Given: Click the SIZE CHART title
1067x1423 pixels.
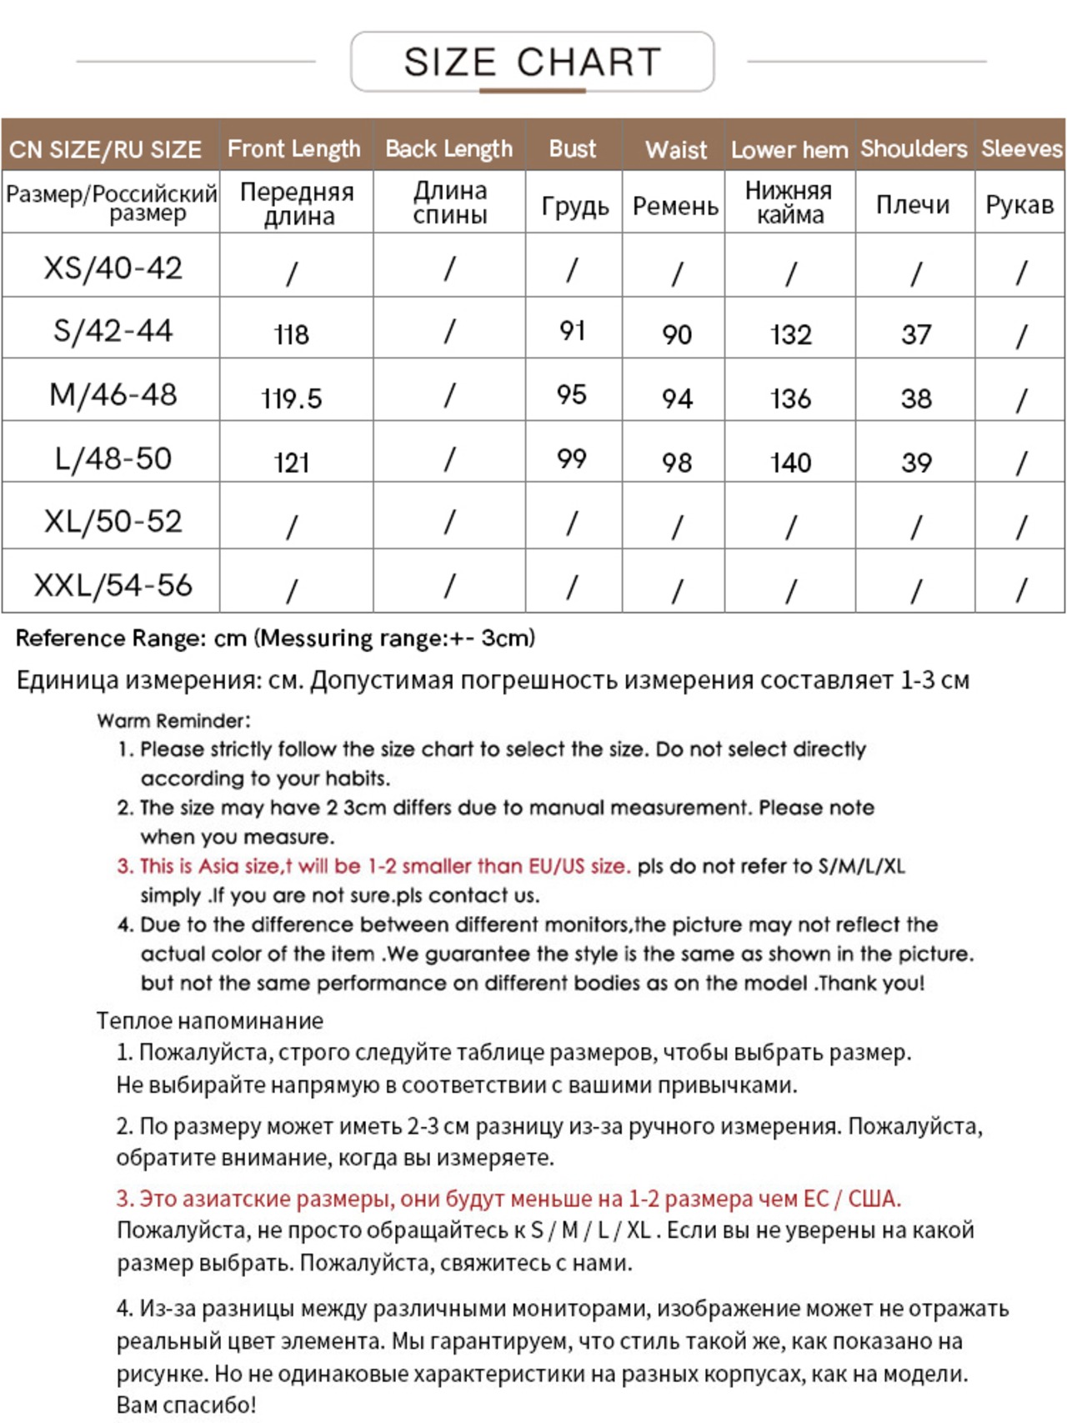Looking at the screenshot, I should (532, 63).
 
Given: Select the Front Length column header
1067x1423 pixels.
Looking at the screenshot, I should (293, 149).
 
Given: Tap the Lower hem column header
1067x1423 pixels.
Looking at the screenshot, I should (789, 150).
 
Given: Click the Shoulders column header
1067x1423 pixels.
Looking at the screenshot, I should (914, 149).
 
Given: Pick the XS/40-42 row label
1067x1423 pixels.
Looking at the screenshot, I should (113, 268).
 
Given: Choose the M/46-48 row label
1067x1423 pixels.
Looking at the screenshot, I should (113, 394).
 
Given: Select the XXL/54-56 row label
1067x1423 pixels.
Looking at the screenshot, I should (113, 585).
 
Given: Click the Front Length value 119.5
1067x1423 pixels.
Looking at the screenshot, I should (292, 398).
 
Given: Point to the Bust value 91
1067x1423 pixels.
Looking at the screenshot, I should (572, 331).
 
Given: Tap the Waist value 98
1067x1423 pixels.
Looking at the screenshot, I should (677, 463).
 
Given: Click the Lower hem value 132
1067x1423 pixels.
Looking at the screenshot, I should (790, 335).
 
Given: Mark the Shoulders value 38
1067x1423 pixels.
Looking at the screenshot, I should (915, 398).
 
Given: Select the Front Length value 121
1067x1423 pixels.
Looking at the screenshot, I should (292, 463).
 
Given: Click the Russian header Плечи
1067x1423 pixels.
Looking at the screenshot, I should (913, 205).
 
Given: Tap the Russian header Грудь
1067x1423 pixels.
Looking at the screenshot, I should (574, 206).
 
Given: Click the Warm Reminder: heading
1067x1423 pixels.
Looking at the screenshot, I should (173, 721).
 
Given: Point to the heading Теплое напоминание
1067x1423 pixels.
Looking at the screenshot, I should (209, 1020).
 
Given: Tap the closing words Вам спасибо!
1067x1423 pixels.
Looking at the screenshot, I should (186, 1405).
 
